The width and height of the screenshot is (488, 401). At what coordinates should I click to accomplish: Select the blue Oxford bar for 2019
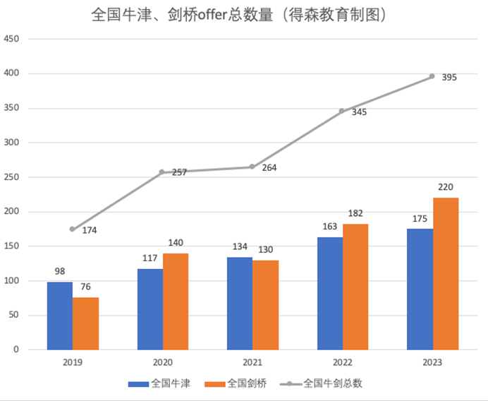click(60, 316)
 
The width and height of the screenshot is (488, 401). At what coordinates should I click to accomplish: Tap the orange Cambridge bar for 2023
click(446, 274)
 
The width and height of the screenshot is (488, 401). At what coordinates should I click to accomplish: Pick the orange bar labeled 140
click(176, 301)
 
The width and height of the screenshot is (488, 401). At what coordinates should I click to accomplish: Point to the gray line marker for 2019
click(73, 229)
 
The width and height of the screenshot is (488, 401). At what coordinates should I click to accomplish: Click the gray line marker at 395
click(432, 76)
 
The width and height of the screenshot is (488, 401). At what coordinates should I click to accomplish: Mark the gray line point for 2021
click(252, 167)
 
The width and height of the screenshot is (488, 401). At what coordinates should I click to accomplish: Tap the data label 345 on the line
click(358, 112)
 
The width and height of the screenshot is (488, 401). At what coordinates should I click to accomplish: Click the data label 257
click(179, 172)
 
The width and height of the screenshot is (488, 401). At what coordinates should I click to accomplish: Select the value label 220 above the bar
click(446, 187)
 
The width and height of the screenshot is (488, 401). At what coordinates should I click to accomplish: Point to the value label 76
click(85, 287)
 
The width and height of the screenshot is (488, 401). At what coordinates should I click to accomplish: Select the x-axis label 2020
click(162, 362)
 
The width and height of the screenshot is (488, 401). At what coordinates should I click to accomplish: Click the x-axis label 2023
click(432, 362)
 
